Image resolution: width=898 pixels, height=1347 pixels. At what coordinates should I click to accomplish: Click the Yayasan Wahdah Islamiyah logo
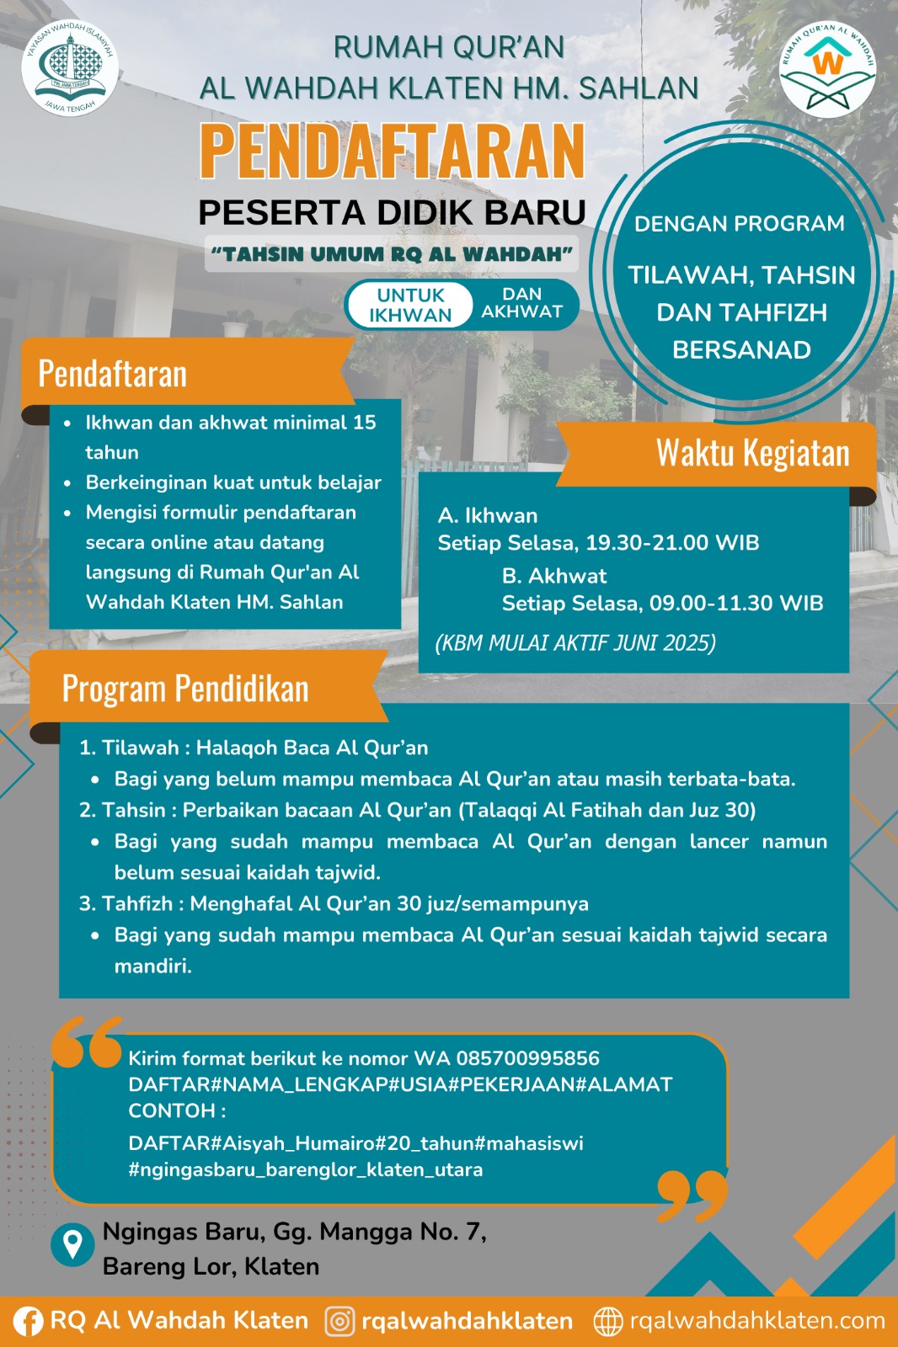click(70, 68)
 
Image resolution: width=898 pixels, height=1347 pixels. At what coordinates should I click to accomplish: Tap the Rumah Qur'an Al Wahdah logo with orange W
click(827, 69)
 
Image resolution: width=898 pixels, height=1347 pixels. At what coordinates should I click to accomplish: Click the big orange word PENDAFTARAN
click(392, 152)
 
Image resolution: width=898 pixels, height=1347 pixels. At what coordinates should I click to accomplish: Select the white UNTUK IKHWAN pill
click(410, 305)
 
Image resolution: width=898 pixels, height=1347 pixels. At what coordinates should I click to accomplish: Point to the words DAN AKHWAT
click(522, 303)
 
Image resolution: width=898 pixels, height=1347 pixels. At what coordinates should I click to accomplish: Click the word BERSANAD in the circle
click(741, 350)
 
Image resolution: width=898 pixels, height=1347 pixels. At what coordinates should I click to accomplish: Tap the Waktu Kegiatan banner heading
click(752, 453)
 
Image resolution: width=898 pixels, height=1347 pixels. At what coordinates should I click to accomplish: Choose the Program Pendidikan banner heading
click(185, 689)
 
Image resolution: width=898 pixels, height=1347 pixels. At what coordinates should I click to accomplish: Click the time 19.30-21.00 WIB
click(672, 543)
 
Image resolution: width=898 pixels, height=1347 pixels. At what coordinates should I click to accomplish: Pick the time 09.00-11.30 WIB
click(736, 604)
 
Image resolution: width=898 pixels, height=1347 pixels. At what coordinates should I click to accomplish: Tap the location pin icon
click(72, 1243)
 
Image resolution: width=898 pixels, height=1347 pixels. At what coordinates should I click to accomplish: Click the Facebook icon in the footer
click(29, 1321)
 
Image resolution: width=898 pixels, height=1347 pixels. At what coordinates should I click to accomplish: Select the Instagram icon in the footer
click(339, 1321)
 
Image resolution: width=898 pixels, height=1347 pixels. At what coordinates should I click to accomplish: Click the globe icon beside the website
click(608, 1321)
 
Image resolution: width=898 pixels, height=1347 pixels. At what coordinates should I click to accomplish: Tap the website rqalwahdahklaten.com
click(757, 1321)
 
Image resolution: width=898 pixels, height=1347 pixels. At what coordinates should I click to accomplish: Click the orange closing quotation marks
click(692, 1195)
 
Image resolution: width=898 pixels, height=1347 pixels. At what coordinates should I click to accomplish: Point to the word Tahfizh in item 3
click(137, 904)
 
